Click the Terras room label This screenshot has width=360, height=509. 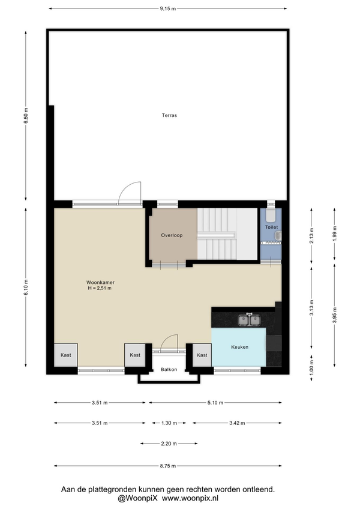tap(169, 115)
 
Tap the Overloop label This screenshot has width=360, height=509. tap(172, 235)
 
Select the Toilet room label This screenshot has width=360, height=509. tap(271, 227)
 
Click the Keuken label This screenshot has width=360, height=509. tap(240, 347)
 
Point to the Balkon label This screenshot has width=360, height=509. tap(169, 369)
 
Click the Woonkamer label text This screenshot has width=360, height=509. tap(100, 283)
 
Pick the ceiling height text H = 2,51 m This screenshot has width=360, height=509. tap(100, 288)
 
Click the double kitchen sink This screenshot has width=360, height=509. tap(250, 320)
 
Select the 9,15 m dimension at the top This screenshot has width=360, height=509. tap(168, 9)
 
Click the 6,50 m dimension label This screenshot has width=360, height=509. tap(26, 116)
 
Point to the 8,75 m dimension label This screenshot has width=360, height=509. tap(168, 466)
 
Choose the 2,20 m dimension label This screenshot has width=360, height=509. tap(169, 444)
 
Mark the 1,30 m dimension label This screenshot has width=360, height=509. tap(169, 423)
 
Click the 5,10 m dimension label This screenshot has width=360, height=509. tap(215, 403)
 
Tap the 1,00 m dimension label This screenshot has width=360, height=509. tap(311, 369)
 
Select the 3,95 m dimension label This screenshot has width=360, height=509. tap(335, 315)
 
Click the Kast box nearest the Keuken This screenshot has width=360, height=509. tap(202, 355)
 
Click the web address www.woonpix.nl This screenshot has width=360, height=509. tap(190, 498)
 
